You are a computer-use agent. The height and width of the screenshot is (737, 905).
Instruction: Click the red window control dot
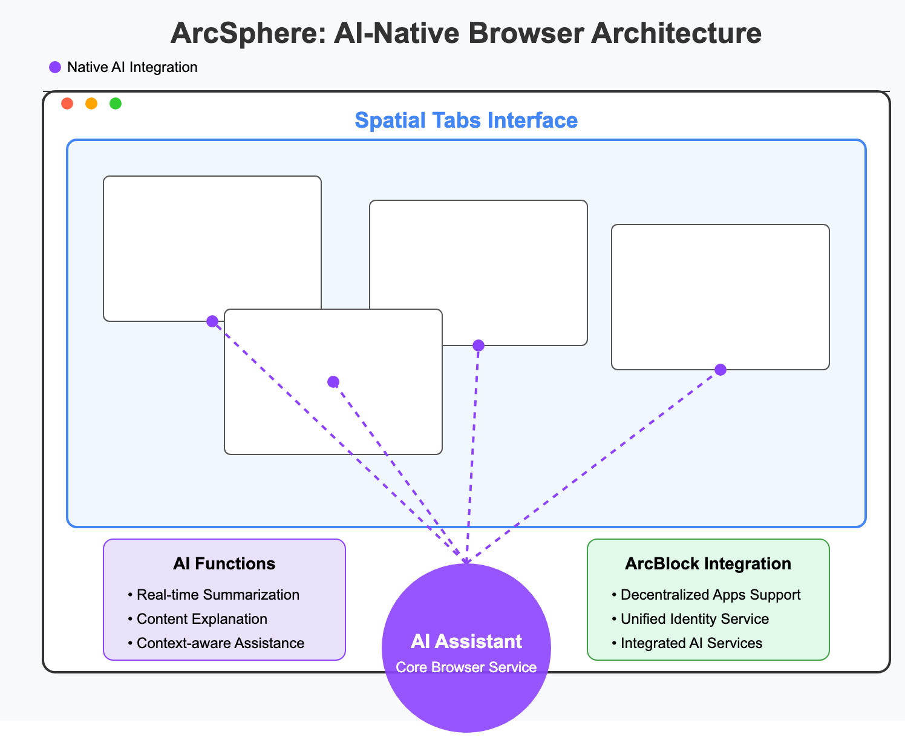(x=67, y=103)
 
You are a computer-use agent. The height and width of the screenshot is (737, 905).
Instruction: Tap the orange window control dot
(x=91, y=103)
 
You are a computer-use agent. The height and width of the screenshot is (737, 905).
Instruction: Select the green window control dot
(x=116, y=103)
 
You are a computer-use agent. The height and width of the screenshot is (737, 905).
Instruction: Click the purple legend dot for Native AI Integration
(x=55, y=67)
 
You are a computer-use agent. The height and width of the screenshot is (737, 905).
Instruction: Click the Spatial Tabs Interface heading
(x=466, y=120)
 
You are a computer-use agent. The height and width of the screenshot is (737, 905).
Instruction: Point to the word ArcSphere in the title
(x=234, y=33)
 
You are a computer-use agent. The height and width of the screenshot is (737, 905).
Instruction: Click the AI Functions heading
(x=224, y=564)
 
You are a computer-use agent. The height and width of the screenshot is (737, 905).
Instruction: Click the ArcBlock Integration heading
(x=708, y=564)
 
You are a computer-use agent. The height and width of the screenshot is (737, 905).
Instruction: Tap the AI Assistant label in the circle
(x=466, y=641)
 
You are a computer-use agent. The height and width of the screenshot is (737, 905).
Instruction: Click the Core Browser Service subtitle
(x=466, y=667)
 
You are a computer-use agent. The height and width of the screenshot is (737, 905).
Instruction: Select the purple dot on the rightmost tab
(x=720, y=370)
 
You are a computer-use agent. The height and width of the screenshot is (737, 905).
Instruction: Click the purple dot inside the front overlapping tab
(x=333, y=382)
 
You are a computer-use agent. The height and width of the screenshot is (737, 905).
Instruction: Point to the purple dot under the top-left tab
(x=212, y=321)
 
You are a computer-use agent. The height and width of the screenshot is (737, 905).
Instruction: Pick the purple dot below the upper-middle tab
(x=479, y=346)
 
